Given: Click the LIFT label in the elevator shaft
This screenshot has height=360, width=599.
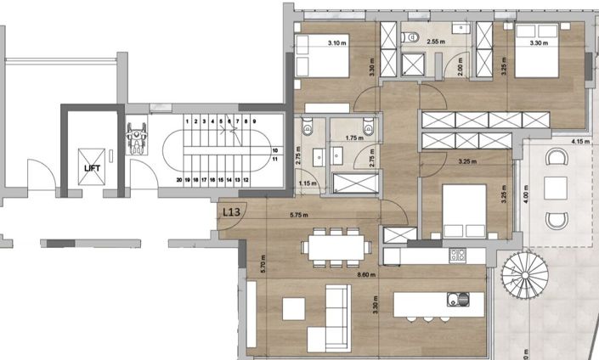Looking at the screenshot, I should point(92,168).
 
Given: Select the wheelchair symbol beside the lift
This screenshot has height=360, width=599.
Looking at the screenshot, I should point(137,136).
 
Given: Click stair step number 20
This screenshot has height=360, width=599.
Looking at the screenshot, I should point(179,179).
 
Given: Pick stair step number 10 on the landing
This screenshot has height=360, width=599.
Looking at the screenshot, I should point(274,150).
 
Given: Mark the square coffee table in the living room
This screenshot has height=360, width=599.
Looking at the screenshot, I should point(295,307).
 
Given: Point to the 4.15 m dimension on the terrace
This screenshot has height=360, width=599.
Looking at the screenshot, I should point(582,141).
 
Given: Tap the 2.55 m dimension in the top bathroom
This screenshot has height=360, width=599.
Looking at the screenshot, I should point(437,40).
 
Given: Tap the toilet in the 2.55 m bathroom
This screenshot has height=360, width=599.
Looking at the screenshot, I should point(408,36).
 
